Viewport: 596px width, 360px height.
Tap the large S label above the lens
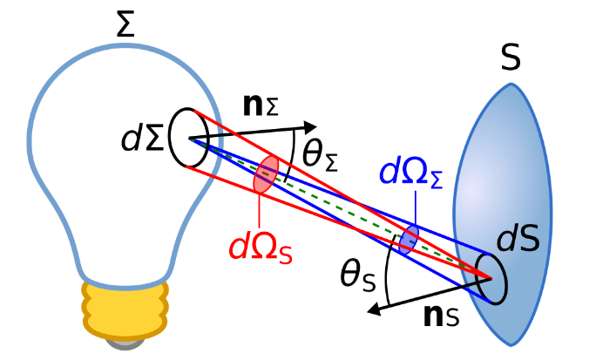510,58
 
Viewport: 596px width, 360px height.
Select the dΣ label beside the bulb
142,138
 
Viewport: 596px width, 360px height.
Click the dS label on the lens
518,238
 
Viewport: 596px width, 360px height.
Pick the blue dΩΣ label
411,173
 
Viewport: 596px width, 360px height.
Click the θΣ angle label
320,157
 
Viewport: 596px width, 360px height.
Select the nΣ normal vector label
261,105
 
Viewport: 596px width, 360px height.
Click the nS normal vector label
441,316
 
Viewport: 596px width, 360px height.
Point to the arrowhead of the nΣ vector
311,127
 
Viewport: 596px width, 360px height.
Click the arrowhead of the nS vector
374,309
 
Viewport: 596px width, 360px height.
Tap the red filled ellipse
266,173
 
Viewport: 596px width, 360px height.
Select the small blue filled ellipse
409,240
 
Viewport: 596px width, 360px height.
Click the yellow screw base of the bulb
125,309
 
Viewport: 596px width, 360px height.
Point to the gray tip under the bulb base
125,343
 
